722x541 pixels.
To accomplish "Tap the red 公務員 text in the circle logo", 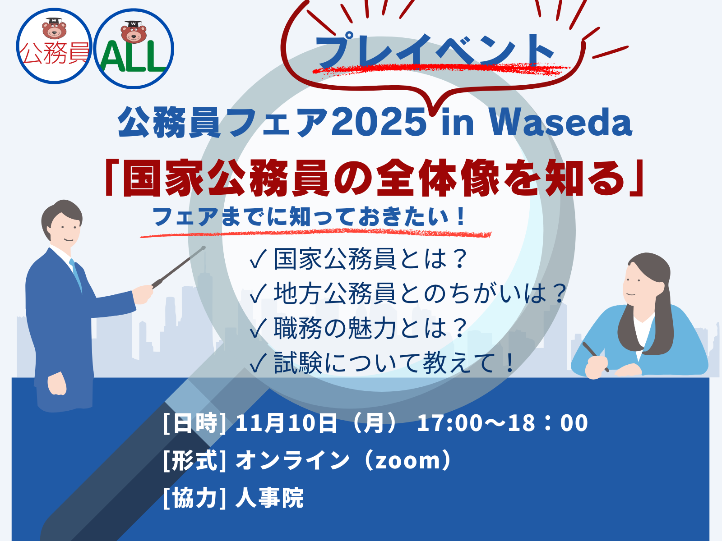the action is tap(54, 53).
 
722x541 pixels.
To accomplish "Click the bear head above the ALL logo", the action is tap(133, 32).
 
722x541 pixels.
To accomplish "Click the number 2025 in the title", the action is tap(379, 121).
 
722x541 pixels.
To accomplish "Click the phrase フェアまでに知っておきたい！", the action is tap(309, 217).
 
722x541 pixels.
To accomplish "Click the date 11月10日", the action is tap(286, 423).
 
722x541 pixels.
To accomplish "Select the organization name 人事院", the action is tap(269, 498).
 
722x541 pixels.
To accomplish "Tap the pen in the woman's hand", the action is tap(595, 357).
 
